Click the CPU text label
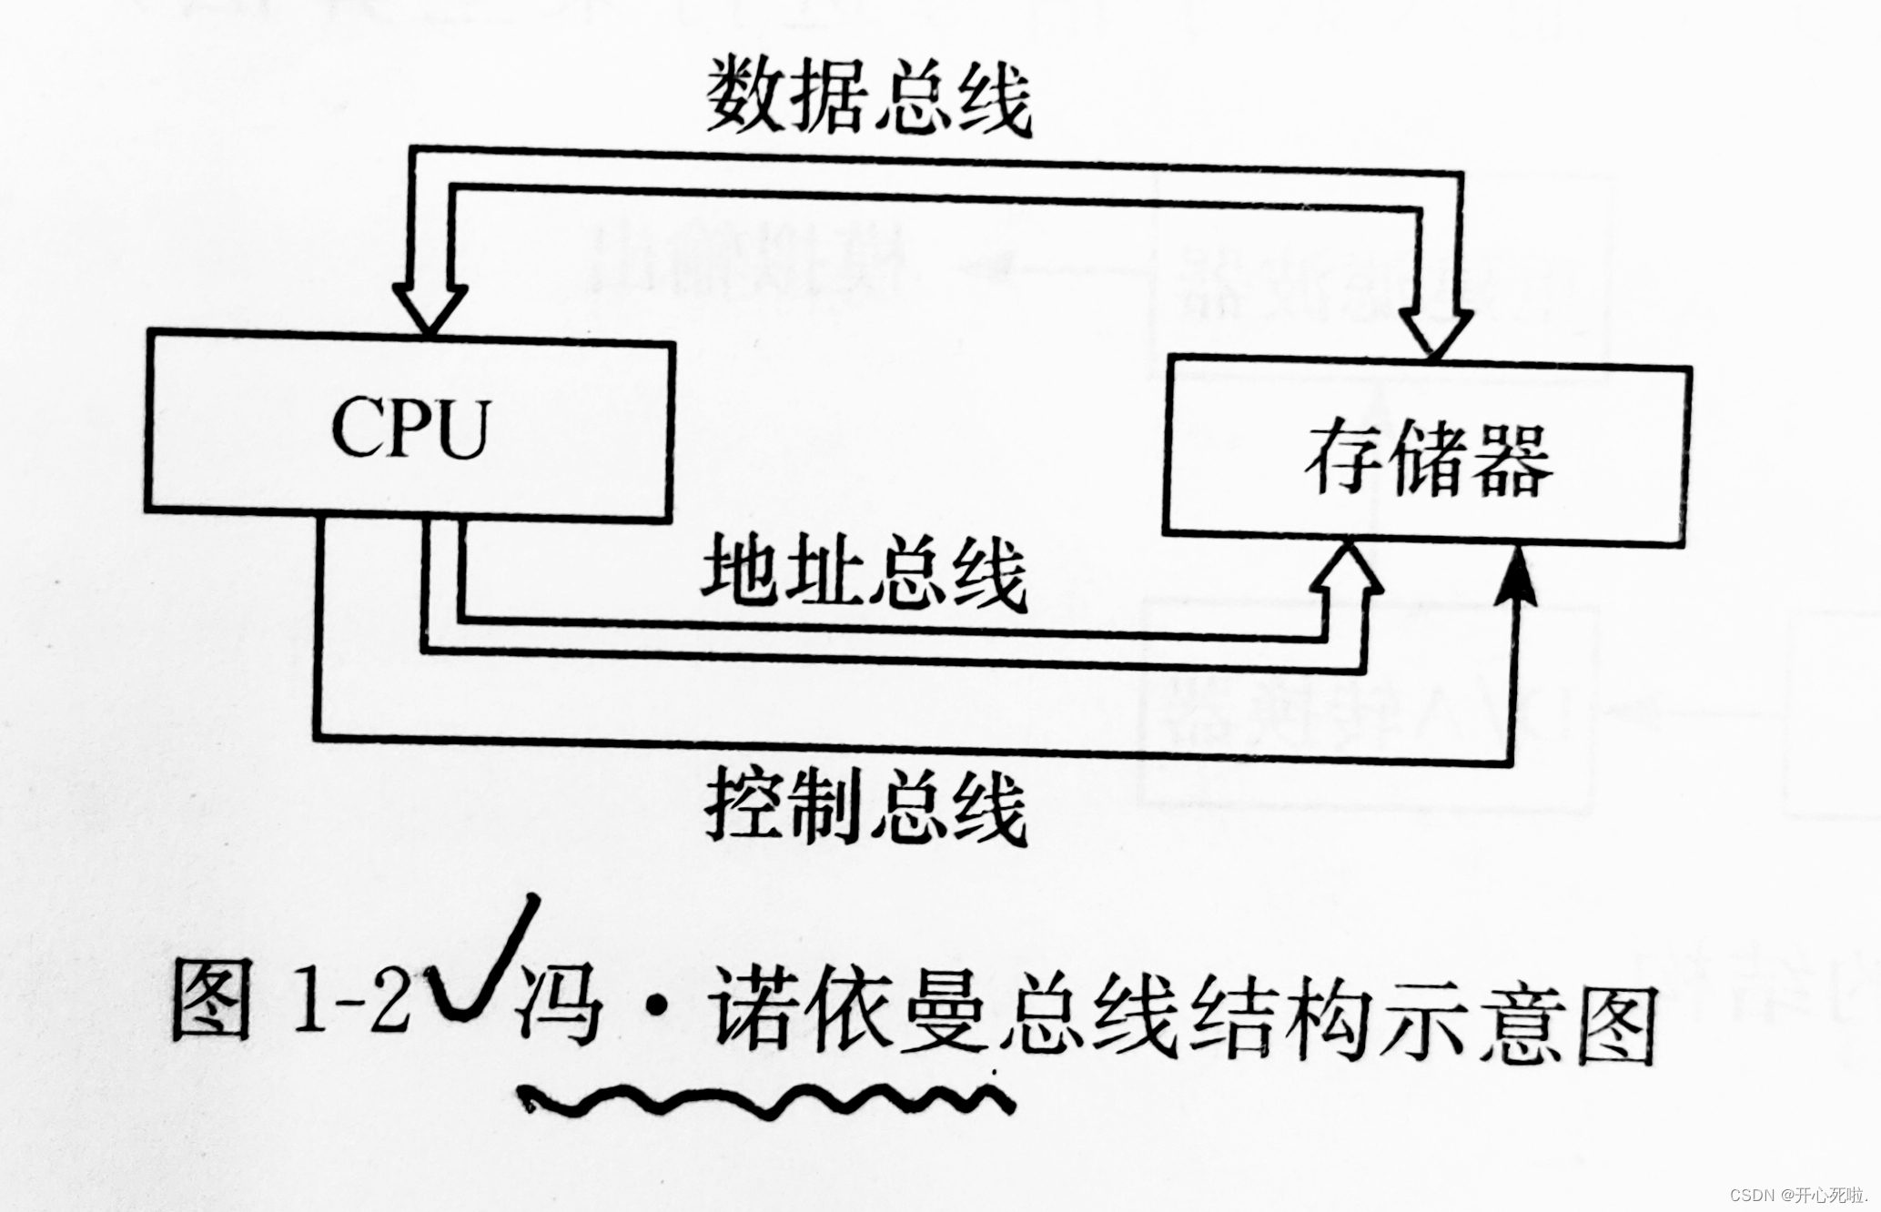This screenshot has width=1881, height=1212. pos(410,428)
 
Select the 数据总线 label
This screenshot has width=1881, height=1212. pos(868,96)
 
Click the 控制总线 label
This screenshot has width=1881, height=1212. pos(865,805)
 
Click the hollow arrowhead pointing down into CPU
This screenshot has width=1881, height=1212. pos(430,308)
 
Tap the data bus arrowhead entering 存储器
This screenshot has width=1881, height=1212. pos(1436,331)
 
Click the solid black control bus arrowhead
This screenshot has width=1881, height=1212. pos(1516,578)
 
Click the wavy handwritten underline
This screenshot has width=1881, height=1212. pos(764,1101)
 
